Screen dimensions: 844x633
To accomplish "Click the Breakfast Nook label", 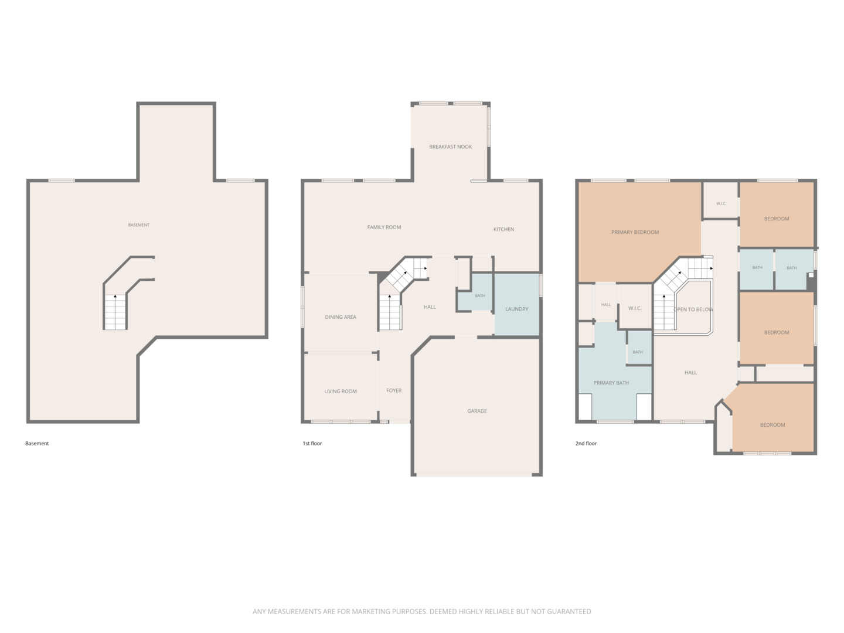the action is tap(450, 147).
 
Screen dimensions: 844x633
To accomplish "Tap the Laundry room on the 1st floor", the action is tap(516, 304).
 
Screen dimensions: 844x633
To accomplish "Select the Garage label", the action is tap(477, 410).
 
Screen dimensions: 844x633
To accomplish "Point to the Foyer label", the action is tap(394, 390).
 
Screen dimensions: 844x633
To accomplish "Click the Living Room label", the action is tap(341, 391).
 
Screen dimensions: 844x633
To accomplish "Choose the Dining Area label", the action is tap(341, 316).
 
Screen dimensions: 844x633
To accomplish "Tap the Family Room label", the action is tap(384, 227).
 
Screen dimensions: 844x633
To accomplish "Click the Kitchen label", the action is tap(503, 229).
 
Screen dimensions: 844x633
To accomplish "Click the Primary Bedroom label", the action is tap(635, 232).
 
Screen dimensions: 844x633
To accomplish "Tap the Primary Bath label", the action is tap(611, 382).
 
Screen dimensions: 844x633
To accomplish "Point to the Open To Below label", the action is tap(693, 309).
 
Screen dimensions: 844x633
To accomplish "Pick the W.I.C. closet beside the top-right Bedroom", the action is tap(720, 200).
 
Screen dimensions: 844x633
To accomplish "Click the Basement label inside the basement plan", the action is tap(138, 225).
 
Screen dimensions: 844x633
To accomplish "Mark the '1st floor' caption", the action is tap(312, 443).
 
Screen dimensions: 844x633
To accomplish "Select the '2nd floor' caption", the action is tap(586, 443).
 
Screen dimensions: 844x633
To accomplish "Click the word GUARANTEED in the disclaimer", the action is tap(569, 611).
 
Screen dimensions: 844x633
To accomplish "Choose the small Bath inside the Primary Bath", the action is tap(638, 348).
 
